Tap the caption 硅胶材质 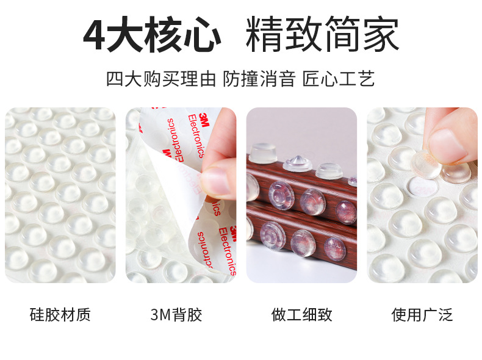pyautogui.click(x=60, y=315)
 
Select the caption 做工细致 pyautogui.click(x=301, y=315)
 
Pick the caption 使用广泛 pyautogui.click(x=422, y=315)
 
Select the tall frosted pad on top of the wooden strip pyautogui.click(x=262, y=153)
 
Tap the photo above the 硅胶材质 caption pyautogui.click(x=60, y=195)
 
